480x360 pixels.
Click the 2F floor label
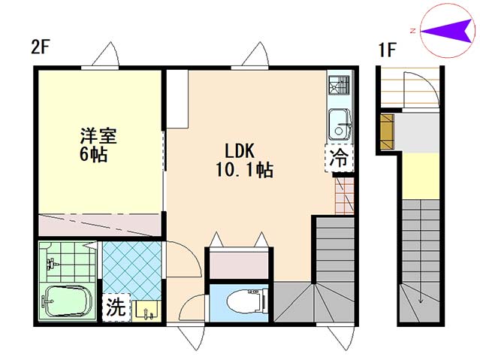click(40, 47)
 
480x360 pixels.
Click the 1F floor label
click(388, 50)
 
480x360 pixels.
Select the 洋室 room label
click(98, 136)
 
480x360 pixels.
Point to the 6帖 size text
click(93, 154)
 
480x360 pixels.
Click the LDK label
click(240, 151)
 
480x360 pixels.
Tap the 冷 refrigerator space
click(340, 158)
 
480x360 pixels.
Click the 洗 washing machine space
click(116, 307)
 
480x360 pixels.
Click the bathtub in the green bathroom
click(68, 301)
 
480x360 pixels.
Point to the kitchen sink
click(340, 125)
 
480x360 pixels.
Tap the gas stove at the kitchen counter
click(339, 85)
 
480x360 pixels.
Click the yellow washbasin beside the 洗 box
click(147, 310)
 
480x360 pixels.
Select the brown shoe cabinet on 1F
click(387, 132)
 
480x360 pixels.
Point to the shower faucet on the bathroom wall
click(51, 264)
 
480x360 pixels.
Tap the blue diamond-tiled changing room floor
click(132, 271)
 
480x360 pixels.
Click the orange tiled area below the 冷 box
click(345, 195)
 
